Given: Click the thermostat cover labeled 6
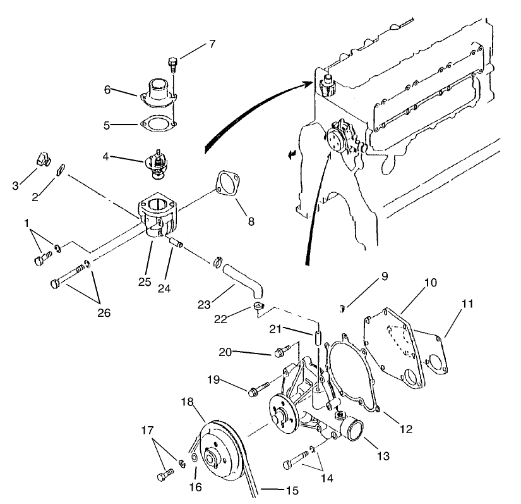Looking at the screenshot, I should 157,89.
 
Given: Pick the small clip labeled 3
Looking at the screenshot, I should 42,159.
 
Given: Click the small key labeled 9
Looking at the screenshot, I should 342,309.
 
